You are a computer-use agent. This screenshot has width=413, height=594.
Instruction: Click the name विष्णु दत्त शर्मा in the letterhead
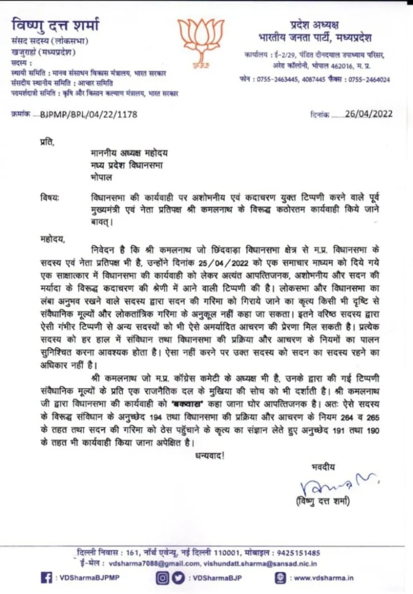[55, 25]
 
